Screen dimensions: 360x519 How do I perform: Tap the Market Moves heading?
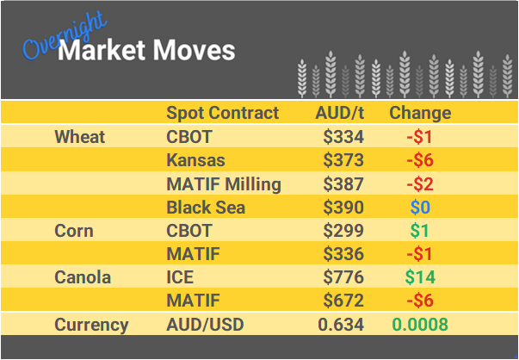(145, 51)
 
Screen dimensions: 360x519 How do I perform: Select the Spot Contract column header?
(222, 113)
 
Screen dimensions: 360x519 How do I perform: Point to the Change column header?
(419, 113)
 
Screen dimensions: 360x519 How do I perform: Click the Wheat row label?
(79, 137)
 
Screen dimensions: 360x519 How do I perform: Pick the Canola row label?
(83, 277)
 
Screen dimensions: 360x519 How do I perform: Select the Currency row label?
(91, 325)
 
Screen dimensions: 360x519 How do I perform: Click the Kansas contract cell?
(195, 160)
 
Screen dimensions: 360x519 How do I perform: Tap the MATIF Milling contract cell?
(223, 183)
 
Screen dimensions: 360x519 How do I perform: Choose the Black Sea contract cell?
(206, 207)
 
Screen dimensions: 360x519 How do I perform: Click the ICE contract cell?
(180, 277)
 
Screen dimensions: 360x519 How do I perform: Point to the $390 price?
(343, 207)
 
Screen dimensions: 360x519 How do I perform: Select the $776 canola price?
(343, 277)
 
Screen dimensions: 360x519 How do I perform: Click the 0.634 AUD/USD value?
(341, 325)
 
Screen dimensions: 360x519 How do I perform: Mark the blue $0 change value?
(419, 207)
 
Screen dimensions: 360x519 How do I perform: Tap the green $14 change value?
(420, 277)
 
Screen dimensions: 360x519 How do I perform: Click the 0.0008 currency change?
(420, 325)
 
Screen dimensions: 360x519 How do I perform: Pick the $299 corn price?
(343, 231)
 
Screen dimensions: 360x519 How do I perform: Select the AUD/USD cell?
(205, 325)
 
